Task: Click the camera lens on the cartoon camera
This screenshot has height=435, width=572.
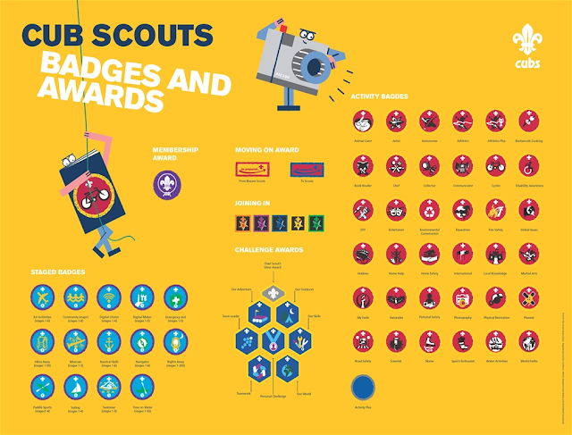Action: (x=315, y=66)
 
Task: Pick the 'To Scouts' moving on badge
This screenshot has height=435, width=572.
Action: (x=304, y=169)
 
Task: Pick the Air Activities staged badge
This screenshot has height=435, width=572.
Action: (x=41, y=297)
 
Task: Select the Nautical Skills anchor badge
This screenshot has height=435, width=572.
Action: (x=107, y=342)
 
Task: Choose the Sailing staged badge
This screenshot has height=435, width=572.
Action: (x=74, y=386)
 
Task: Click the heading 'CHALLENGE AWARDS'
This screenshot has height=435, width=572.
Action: (x=273, y=250)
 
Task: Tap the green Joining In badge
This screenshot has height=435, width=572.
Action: (x=315, y=222)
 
